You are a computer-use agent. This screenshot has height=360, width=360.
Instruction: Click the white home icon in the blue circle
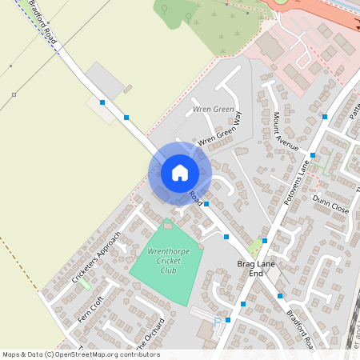pos(179,172)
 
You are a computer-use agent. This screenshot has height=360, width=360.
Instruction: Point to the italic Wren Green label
pos(214,109)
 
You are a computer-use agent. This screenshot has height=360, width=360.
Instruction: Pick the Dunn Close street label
pos(330,203)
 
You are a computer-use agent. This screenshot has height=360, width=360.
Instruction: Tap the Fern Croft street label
pos(90,310)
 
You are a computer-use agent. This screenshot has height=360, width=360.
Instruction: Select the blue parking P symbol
pos(218,322)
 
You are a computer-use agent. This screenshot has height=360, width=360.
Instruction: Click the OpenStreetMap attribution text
pos(81,354)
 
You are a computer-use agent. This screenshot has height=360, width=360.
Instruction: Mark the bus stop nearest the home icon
pos(206,204)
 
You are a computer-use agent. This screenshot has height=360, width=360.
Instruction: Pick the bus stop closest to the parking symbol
pos(228,320)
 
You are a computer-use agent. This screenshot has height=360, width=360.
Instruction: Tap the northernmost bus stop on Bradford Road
pos(102,102)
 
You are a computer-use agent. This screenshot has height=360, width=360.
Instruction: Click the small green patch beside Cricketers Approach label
pos(85,282)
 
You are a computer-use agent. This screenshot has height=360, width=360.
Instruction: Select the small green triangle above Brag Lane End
pos(256,248)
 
